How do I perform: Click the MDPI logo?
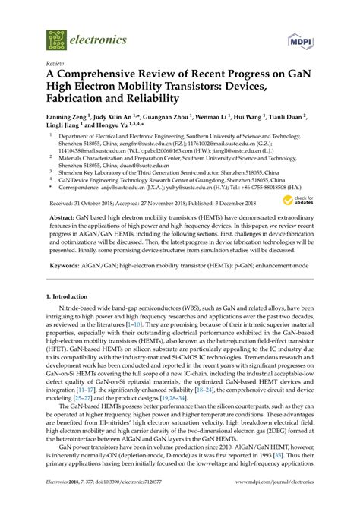click(x=302, y=39)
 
